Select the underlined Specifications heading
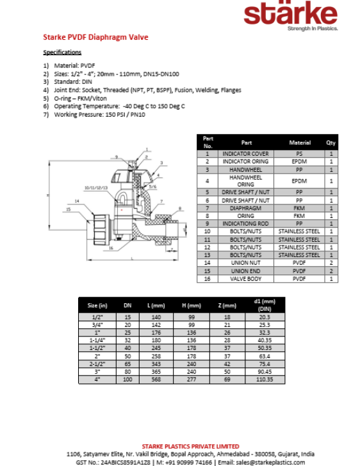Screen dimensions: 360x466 pos(62,52)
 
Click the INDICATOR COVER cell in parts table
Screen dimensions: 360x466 pos(245,154)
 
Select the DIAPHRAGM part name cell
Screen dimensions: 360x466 pos(245,208)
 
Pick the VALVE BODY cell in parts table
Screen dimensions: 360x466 pos(245,279)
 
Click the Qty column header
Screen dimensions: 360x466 pos(331,143)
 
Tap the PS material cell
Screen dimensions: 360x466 pos(299,154)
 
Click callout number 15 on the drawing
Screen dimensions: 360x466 pos(68,209)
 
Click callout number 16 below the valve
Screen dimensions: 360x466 pos(111,248)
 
